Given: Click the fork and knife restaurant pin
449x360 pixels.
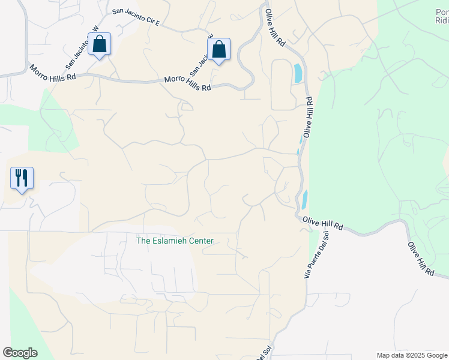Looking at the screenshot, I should tap(22, 178).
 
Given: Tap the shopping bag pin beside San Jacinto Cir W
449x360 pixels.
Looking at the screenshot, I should tap(99, 44).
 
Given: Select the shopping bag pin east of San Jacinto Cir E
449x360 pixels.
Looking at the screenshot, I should tap(218, 50).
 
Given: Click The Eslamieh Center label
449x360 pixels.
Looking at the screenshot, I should tap(175, 241).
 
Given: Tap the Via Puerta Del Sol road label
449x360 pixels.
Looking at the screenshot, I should tap(317, 254).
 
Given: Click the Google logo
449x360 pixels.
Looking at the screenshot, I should tap(20, 353).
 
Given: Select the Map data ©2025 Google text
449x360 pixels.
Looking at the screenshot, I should tap(412, 355).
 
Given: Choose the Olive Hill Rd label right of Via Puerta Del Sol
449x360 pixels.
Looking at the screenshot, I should tap(322, 224).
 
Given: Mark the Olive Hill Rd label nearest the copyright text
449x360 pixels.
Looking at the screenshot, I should tap(421, 259).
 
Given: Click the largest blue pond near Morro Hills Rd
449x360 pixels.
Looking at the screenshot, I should tap(298, 73).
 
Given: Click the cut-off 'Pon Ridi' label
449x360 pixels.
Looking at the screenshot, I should tap(441, 16).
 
